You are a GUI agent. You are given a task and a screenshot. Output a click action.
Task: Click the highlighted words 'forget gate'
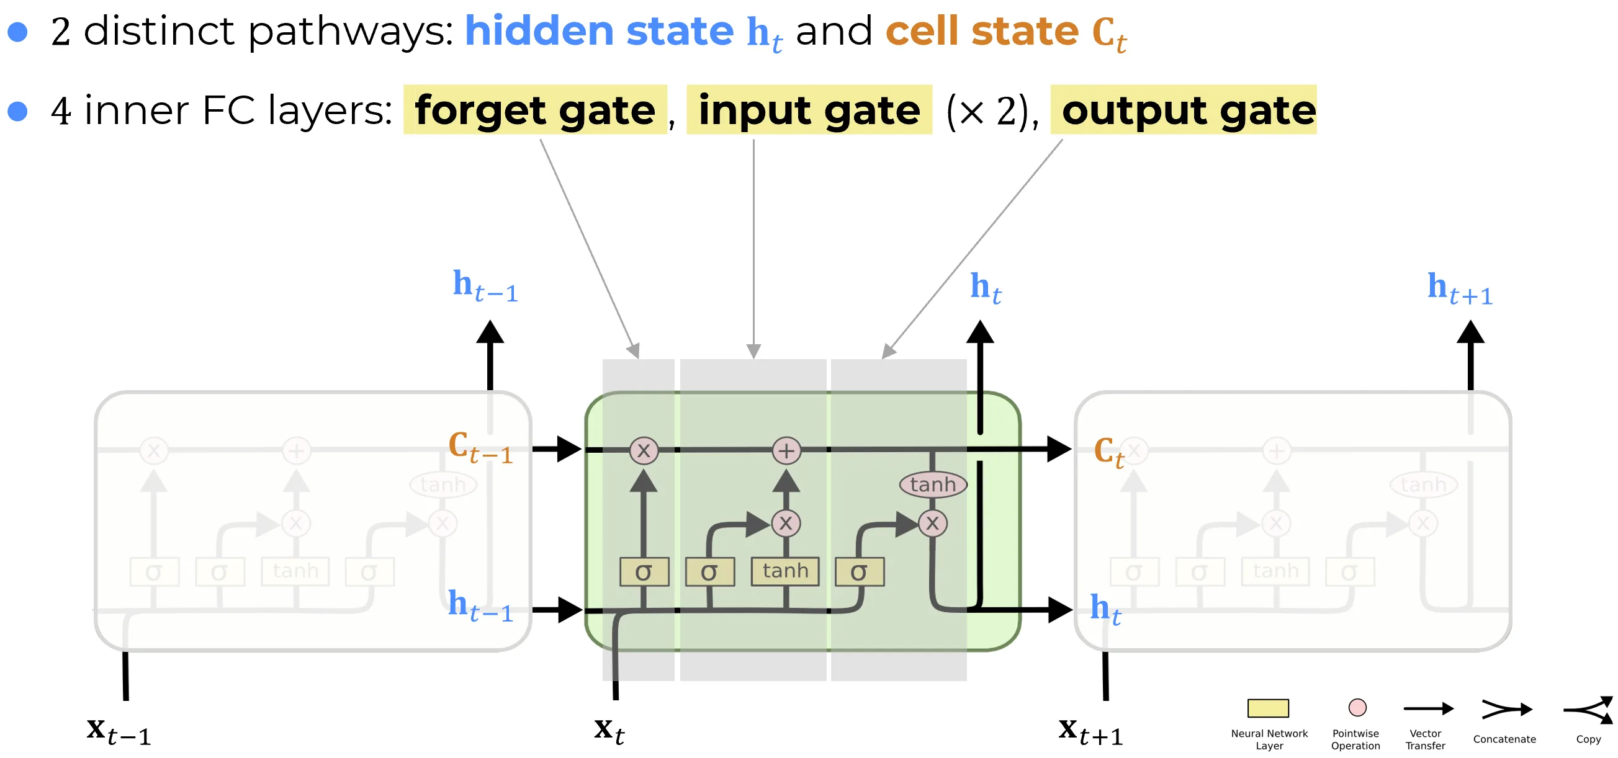(534, 110)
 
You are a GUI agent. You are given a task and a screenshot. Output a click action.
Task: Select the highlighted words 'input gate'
(809, 110)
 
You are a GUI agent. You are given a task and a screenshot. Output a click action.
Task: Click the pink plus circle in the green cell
(786, 450)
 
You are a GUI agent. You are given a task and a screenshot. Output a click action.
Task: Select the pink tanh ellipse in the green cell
(933, 484)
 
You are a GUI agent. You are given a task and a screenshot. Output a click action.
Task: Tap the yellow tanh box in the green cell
(785, 571)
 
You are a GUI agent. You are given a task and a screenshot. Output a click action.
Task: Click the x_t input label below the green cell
(609, 730)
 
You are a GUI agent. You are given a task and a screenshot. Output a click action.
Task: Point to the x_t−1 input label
(119, 731)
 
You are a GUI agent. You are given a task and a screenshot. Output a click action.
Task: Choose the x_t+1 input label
(1090, 731)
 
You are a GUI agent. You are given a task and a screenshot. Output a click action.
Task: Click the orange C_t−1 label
(480, 447)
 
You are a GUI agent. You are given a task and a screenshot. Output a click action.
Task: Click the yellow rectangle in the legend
(1267, 708)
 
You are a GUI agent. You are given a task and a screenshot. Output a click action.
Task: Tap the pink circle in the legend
(1357, 707)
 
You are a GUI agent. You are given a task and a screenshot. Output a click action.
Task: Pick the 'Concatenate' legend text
(1504, 739)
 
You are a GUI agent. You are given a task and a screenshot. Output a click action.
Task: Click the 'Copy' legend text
(1588, 739)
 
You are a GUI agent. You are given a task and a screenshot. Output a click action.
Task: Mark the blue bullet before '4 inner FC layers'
(17, 110)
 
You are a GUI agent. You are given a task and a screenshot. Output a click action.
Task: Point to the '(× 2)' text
(991, 112)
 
